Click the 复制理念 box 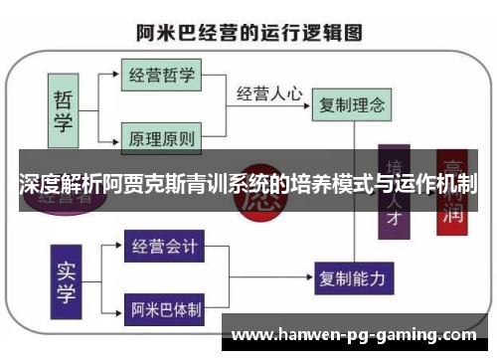point(349,101)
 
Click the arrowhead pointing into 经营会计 point(119,244)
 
